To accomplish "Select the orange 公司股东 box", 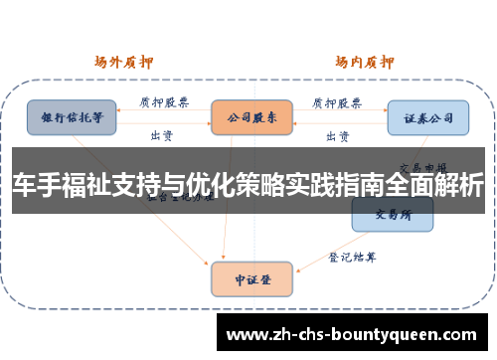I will click(251, 116).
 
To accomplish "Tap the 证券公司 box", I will click(427, 116).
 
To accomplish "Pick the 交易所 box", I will click(393, 212).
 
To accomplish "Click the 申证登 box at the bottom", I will click(251, 278).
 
